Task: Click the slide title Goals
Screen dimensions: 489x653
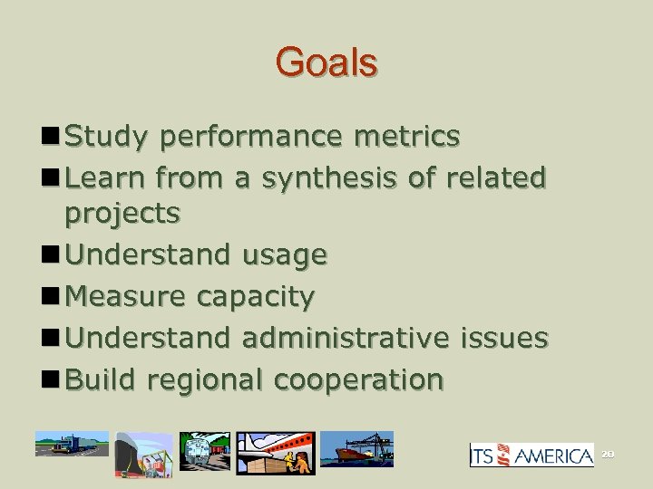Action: pos(326,63)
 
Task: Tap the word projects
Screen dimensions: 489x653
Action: pos(122,214)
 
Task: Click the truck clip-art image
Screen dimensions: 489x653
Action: pos(71,444)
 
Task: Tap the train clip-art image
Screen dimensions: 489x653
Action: pos(205,451)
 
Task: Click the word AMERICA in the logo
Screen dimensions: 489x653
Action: pos(555,455)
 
